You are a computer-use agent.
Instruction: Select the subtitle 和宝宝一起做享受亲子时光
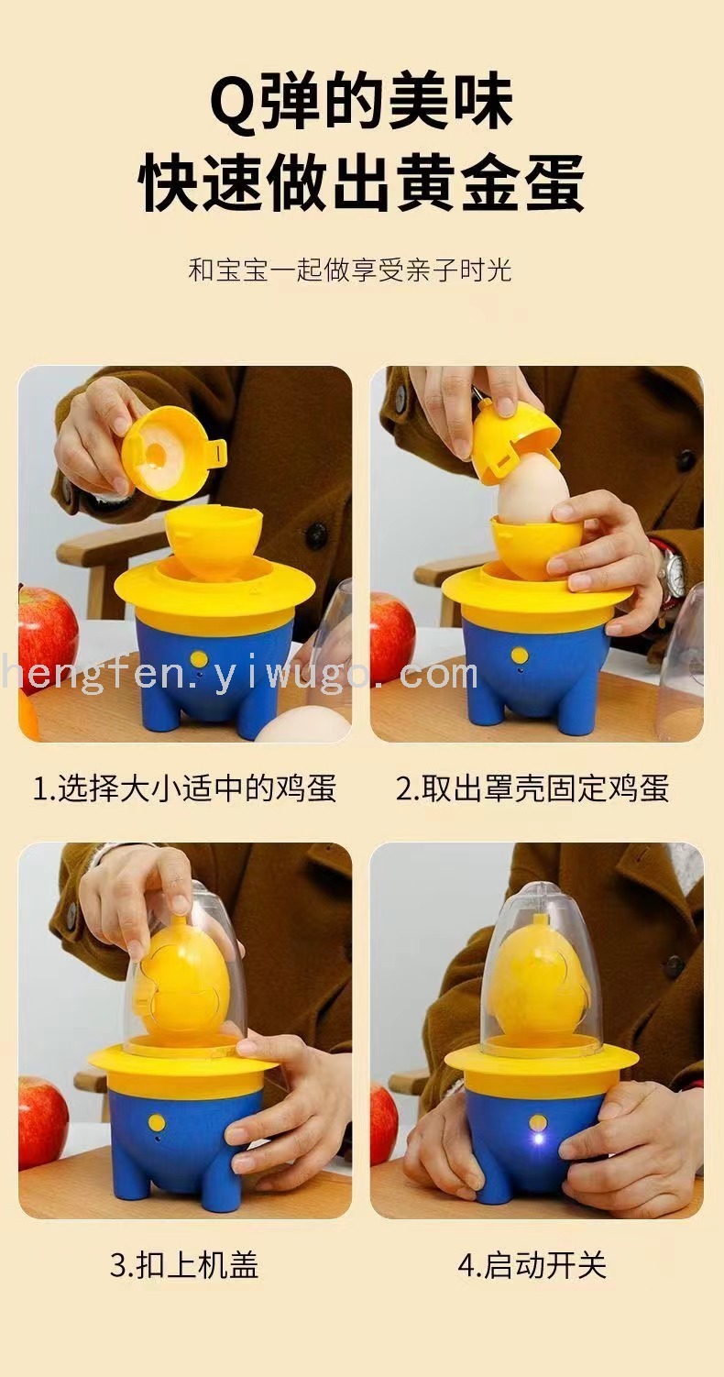(x=350, y=270)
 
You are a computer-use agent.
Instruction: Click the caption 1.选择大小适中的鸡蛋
(x=184, y=788)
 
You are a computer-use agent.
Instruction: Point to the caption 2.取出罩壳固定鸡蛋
(x=532, y=788)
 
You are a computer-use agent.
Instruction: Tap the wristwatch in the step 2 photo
(x=671, y=568)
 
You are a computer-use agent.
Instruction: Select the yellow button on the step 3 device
(x=158, y=1122)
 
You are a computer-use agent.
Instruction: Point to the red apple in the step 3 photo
(x=43, y=1106)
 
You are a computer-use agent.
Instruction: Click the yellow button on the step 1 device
(x=198, y=659)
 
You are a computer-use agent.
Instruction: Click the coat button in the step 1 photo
(x=315, y=534)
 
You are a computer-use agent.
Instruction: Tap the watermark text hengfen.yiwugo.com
(x=240, y=675)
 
